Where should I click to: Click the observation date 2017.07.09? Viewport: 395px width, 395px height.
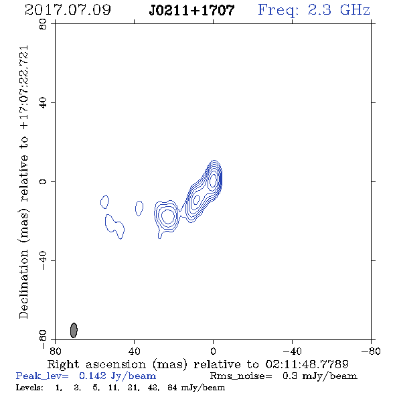(68, 10)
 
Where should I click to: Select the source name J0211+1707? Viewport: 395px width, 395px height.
(191, 11)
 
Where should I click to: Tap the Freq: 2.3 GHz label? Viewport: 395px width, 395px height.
(314, 10)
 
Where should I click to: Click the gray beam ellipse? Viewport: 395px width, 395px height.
(74, 330)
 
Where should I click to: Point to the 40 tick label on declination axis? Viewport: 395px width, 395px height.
(43, 103)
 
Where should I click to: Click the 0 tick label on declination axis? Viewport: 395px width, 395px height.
(43, 181)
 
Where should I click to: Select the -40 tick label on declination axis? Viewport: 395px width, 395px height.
(43, 260)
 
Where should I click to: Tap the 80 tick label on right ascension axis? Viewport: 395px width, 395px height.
(55, 351)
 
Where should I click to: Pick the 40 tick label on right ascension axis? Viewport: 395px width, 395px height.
(135, 351)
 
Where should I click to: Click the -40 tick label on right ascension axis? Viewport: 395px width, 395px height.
(292, 351)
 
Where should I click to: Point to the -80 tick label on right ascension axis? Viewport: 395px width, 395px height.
(371, 351)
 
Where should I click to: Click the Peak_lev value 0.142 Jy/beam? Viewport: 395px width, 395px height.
(118, 376)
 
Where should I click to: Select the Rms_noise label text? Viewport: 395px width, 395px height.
(241, 376)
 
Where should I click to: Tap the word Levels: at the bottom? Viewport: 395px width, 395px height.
(29, 388)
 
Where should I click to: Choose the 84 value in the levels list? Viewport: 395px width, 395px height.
(172, 388)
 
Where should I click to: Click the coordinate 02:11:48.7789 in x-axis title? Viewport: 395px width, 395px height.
(307, 364)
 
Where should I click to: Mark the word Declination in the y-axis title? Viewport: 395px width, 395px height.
(23, 285)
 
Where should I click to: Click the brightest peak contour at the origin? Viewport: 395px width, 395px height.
(213, 179)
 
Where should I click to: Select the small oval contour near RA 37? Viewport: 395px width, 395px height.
(139, 208)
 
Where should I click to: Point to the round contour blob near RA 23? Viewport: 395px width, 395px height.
(167, 216)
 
